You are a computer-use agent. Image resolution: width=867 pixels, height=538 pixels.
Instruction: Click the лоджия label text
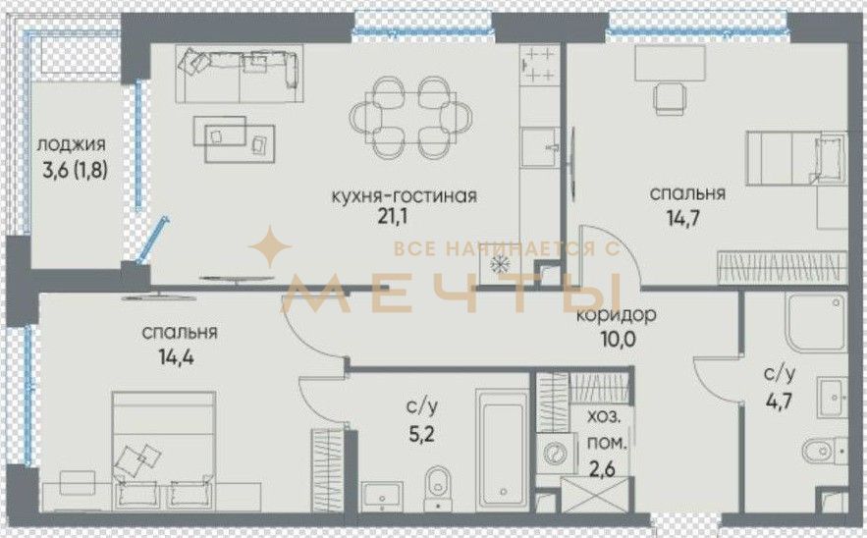tap(71, 146)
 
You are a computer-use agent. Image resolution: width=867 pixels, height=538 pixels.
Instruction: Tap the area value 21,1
tap(393, 216)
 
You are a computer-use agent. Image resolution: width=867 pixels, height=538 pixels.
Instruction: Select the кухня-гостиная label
tap(404, 195)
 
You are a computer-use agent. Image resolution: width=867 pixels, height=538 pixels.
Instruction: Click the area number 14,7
tap(683, 217)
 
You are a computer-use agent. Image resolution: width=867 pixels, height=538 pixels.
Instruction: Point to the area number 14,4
tap(177, 356)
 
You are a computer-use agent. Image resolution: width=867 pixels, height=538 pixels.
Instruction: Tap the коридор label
tap(617, 315)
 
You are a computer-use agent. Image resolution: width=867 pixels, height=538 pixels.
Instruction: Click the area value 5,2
tap(422, 433)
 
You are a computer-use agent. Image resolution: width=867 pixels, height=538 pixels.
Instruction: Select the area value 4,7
tap(779, 400)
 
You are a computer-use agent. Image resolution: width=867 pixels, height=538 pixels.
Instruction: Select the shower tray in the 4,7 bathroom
tap(816, 322)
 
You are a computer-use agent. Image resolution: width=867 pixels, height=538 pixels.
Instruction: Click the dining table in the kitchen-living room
tap(410, 117)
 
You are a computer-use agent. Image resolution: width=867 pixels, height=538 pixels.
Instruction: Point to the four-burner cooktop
tap(538, 65)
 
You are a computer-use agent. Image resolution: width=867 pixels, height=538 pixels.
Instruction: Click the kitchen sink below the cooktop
tap(540, 147)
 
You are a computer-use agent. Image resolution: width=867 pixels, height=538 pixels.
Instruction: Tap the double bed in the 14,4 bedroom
tap(164, 451)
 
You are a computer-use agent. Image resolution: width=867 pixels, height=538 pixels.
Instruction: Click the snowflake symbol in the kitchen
tap(500, 265)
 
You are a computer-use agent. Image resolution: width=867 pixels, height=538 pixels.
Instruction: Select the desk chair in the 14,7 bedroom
tap(670, 98)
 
